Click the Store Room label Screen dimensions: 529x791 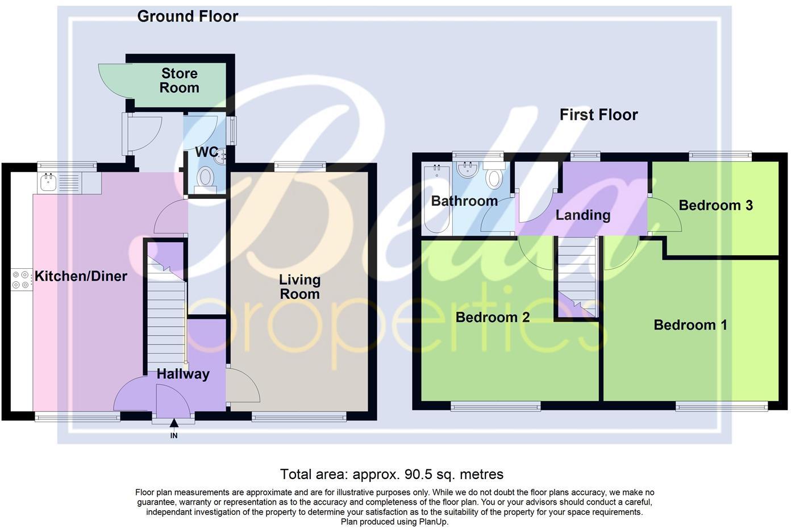coord(179,81)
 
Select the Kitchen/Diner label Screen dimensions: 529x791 coord(81,277)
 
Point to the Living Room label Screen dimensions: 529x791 coord(299,287)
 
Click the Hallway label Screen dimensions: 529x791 coord(183,374)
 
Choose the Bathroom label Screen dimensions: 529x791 coord(464,201)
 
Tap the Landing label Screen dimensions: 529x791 coord(582,215)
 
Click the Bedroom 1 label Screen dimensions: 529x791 coord(690,325)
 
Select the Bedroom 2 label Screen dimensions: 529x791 coord(493,317)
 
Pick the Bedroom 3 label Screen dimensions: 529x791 coord(715,205)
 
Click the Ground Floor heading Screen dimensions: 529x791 coord(188,16)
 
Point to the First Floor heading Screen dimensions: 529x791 coord(598,115)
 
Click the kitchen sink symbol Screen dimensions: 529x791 coord(48,182)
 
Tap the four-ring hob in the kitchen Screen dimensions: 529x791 coord(20,280)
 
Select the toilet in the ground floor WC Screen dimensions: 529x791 coord(204,178)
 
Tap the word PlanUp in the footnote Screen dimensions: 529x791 coord(433,522)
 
